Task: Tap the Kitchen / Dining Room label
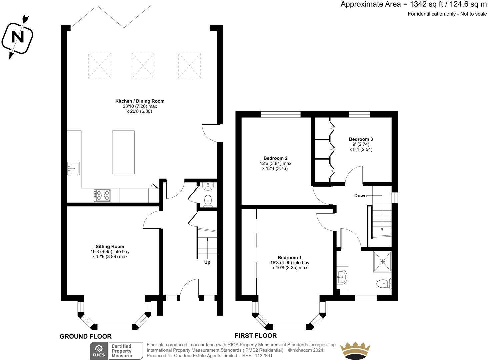pos(140,101)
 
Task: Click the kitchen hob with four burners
pos(102,195)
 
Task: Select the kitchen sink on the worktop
pos(73,168)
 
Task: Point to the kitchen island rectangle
pos(123,152)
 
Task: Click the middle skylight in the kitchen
pos(143,65)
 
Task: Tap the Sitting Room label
pos(110,246)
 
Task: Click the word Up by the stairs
pos(207,262)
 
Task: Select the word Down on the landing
pos(360,196)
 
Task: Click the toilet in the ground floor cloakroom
pos(208,201)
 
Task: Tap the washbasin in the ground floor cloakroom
pos(208,186)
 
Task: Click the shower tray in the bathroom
pos(383,262)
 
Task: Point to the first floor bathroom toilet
pos(384,284)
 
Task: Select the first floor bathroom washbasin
pos(342,277)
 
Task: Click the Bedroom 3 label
pos(361,139)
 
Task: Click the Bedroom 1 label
pos(290,258)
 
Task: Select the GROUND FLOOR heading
pos(85,336)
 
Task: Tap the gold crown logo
pos(355,351)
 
